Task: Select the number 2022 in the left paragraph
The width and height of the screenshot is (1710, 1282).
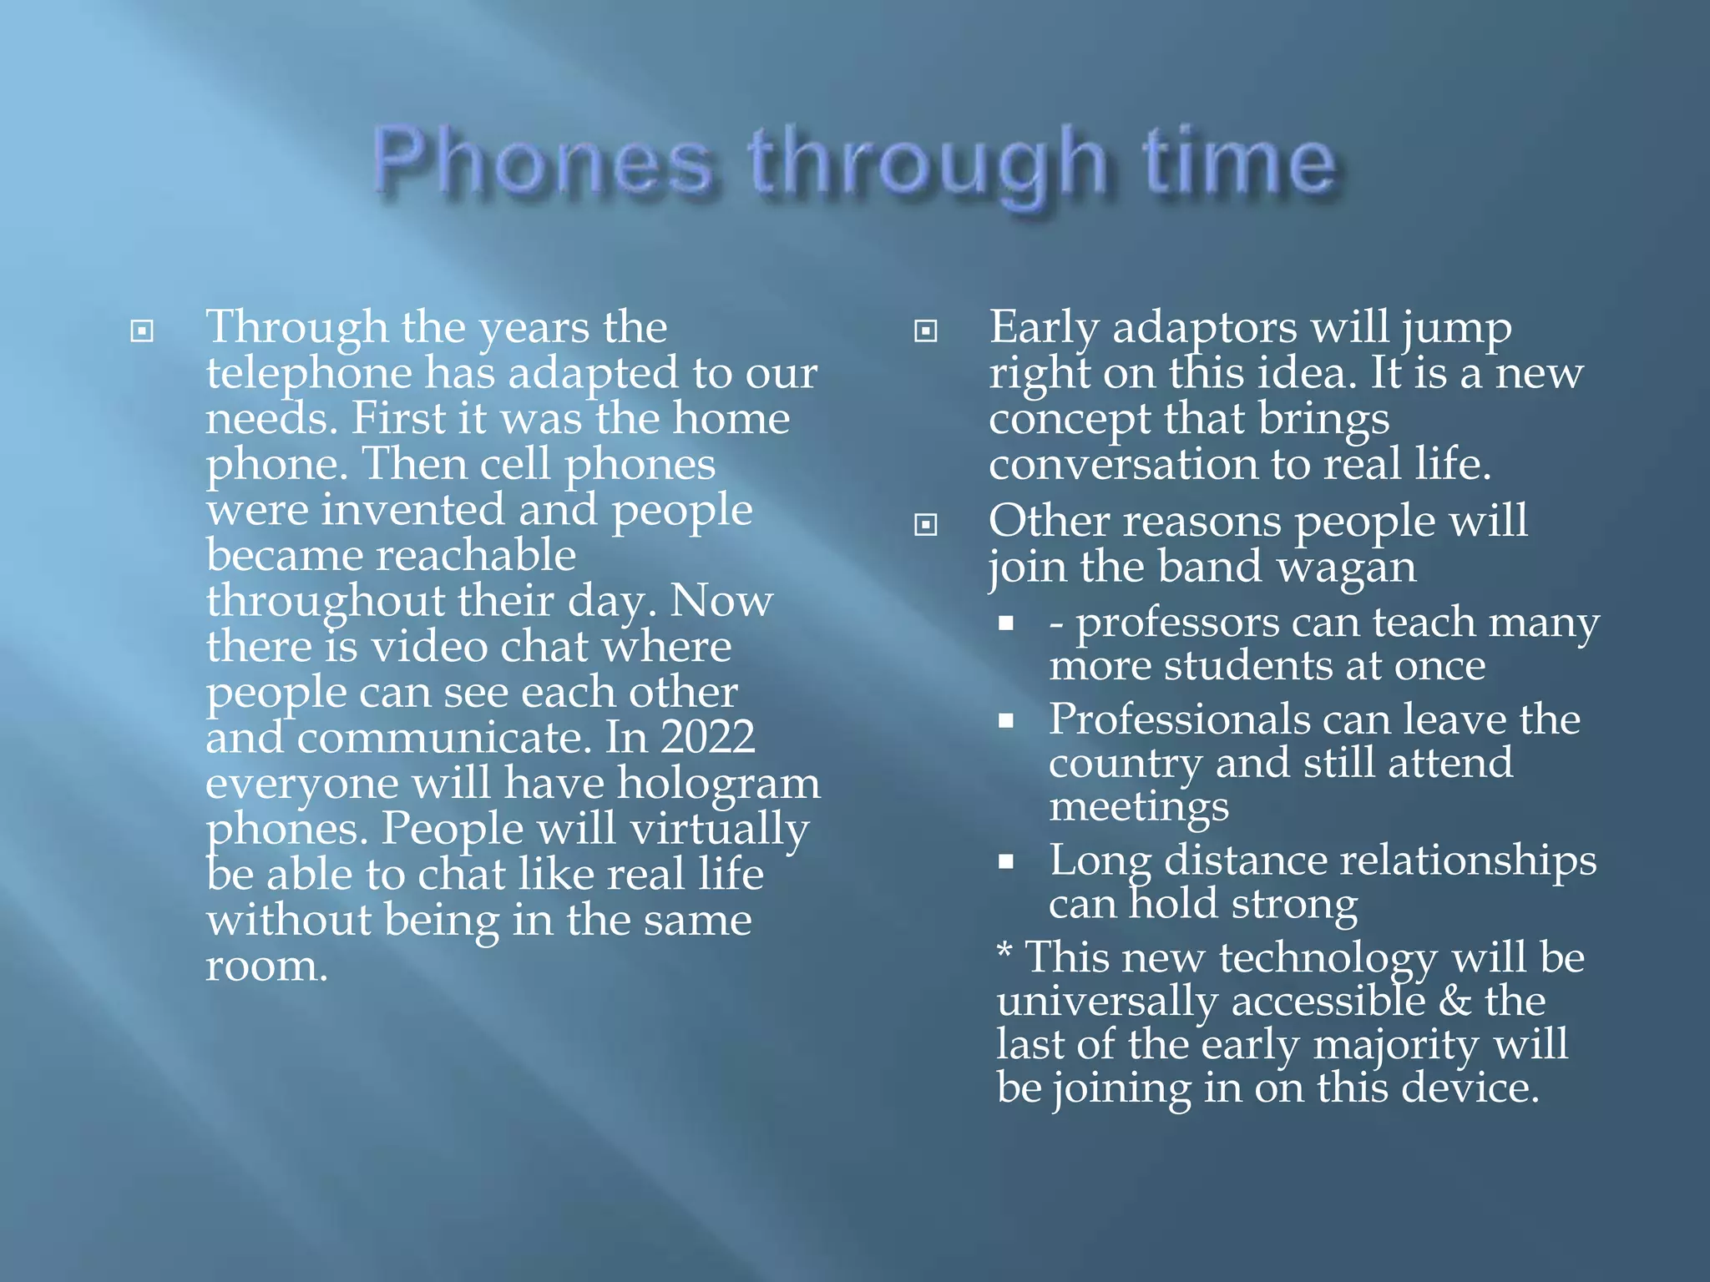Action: click(x=708, y=737)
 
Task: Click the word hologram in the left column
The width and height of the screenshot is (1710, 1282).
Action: click(x=719, y=784)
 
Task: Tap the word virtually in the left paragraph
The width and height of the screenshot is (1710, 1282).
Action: click(x=719, y=830)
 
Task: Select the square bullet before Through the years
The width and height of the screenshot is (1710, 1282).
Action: click(x=142, y=331)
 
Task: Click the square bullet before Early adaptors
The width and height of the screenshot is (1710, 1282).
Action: click(x=925, y=331)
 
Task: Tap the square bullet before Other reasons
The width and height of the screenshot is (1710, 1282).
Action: click(x=925, y=525)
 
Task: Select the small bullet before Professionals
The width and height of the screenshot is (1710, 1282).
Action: click(x=1006, y=720)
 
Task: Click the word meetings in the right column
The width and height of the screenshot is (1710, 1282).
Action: click(x=1139, y=807)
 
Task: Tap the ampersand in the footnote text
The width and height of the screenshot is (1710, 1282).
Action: click(x=1455, y=1001)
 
